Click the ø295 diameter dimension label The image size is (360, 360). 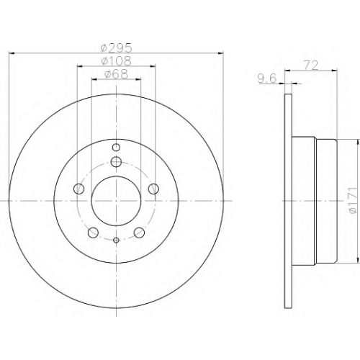tap(117, 48)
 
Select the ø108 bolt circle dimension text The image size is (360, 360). tap(117, 61)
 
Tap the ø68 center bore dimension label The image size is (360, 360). tap(116, 74)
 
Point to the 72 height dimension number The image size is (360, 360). tap(311, 66)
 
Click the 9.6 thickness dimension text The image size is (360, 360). tap(267, 78)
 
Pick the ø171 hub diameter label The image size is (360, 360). tap(352, 200)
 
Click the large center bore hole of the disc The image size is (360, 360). tap(116, 201)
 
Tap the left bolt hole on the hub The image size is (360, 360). tap(79, 189)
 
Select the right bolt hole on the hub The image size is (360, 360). tap(153, 189)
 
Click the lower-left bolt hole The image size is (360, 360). tap(93, 233)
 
